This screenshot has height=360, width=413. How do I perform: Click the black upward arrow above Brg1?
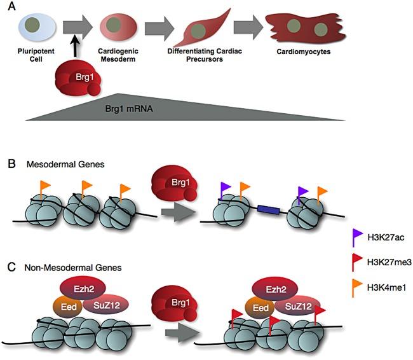click(74, 52)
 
